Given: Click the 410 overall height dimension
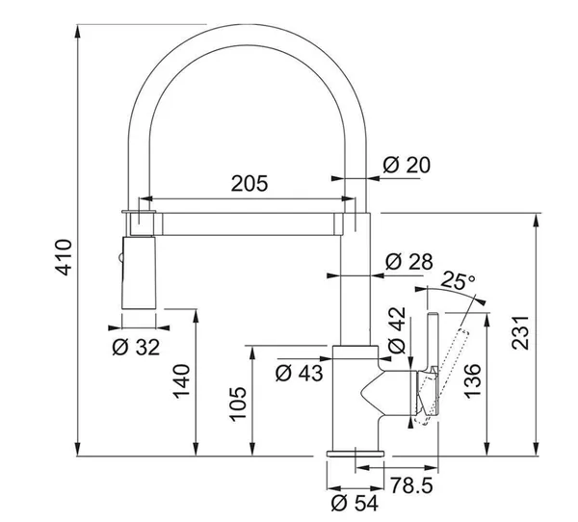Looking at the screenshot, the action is pyautogui.click(x=63, y=257).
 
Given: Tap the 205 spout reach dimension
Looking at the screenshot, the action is pyautogui.click(x=250, y=183).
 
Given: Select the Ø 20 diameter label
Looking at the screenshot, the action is pyautogui.click(x=407, y=165).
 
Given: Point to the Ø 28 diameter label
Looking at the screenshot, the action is pyautogui.click(x=408, y=261).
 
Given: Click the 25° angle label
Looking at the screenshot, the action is pyautogui.click(x=458, y=280).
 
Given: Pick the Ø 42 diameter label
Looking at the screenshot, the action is pyautogui.click(x=397, y=330).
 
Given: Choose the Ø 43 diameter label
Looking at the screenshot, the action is pyautogui.click(x=299, y=373).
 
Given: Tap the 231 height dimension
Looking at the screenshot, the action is pyautogui.click(x=520, y=332).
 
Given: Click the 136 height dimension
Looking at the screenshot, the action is pyautogui.click(x=472, y=380).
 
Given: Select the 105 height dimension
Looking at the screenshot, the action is pyautogui.click(x=238, y=404).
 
